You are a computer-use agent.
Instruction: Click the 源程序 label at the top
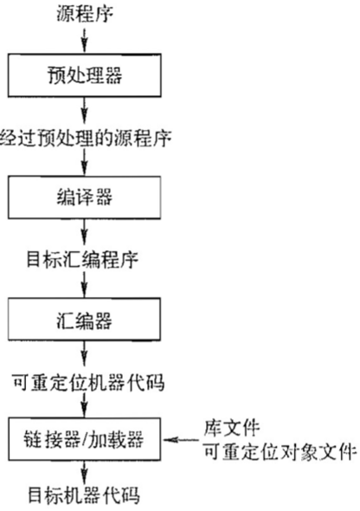tap(85, 15)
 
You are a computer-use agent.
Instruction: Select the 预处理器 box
tap(85, 75)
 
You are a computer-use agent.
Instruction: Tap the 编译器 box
tap(85, 197)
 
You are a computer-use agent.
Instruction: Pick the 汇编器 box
tap(84, 320)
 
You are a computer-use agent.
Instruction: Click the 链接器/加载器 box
tap(84, 439)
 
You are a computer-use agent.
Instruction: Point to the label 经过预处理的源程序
tap(86, 139)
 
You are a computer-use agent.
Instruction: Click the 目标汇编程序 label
tap(83, 260)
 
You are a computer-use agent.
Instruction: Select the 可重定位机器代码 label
tap(88, 382)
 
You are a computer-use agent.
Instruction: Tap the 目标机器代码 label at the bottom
tap(84, 495)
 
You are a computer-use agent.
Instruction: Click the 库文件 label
tap(232, 428)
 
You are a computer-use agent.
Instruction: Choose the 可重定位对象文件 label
tap(280, 452)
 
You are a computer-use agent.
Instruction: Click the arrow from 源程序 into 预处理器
tap(85, 41)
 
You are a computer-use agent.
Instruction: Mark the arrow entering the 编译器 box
tap(85, 162)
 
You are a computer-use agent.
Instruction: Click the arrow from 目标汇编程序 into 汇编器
tap(85, 284)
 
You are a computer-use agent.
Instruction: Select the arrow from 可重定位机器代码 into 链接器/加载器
tap(85, 405)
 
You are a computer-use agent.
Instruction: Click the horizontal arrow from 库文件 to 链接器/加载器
tap(181, 440)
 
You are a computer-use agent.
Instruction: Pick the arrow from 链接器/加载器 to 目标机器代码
tap(85, 473)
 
